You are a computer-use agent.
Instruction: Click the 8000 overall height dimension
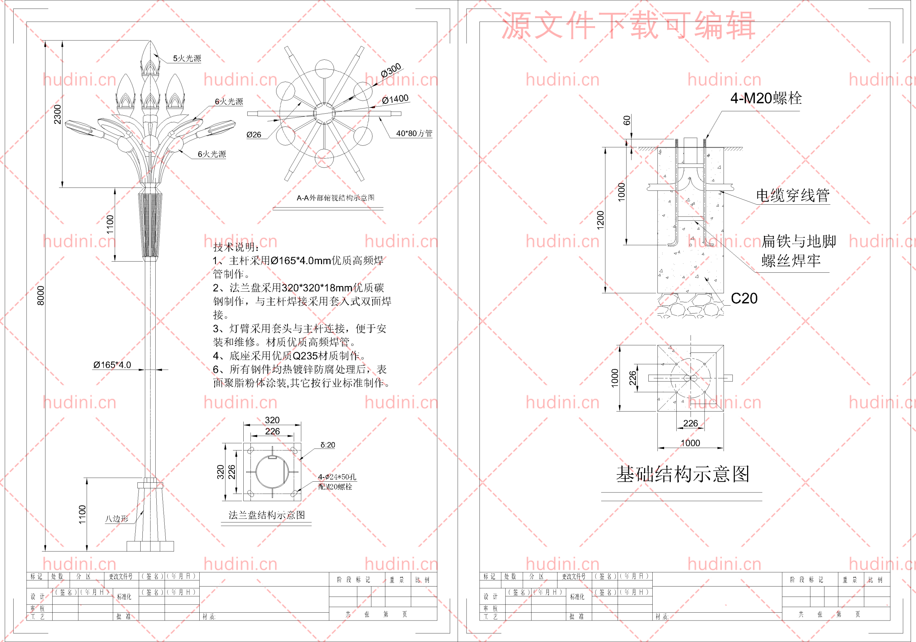pos(41,295)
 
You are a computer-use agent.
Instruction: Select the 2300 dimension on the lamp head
pos(58,114)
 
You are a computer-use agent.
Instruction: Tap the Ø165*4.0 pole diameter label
pos(112,365)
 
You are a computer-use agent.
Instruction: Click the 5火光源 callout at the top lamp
pos(187,58)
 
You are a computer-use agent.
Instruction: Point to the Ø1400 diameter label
pos(395,99)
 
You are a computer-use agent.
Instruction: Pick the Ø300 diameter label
pos(391,70)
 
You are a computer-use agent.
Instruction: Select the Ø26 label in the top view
pos(254,135)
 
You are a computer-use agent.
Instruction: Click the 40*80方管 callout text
pos(414,133)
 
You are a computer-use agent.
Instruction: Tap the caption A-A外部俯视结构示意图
pos(335,198)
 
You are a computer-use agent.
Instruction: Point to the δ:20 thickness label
pos(327,445)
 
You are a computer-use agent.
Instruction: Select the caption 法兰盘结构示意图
pos(267,515)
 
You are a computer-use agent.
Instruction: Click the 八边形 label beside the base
pos(117,519)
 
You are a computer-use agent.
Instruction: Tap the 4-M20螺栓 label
pos(766,98)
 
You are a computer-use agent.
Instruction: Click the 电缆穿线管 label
pos(792,195)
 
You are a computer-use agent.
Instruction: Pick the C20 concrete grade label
pos(744,298)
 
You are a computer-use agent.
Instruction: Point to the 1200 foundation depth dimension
pos(600,220)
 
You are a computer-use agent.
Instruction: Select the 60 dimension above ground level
pos(627,120)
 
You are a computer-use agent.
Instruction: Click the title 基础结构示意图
pos(682,475)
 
